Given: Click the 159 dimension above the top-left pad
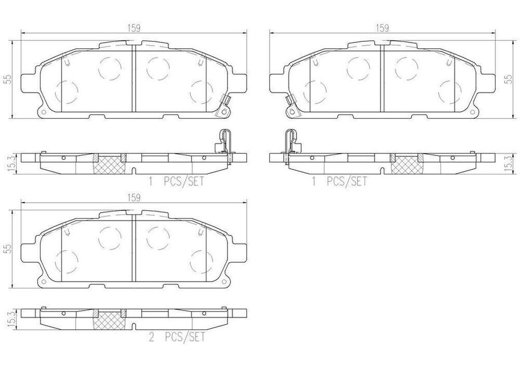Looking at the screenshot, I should (x=134, y=29).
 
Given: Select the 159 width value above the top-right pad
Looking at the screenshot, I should (x=382, y=29).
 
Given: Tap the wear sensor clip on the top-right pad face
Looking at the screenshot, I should (x=291, y=105).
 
